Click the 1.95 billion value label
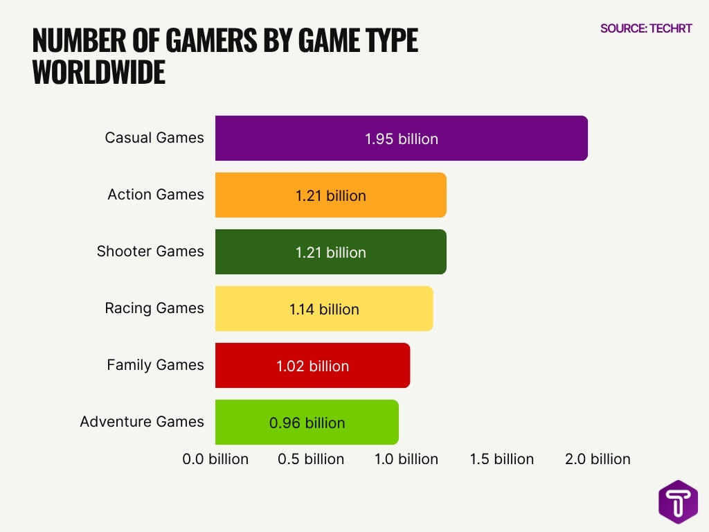[402, 139]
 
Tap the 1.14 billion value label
[324, 309]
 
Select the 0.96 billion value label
[307, 423]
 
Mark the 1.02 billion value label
[312, 366]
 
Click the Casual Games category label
[154, 138]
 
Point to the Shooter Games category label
[150, 251]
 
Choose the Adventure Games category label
[142, 422]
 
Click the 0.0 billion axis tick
[215, 459]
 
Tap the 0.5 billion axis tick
[311, 459]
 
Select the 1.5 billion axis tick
[502, 459]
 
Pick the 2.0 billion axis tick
[598, 459]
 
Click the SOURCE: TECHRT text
[646, 29]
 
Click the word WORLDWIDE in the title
[99, 72]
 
